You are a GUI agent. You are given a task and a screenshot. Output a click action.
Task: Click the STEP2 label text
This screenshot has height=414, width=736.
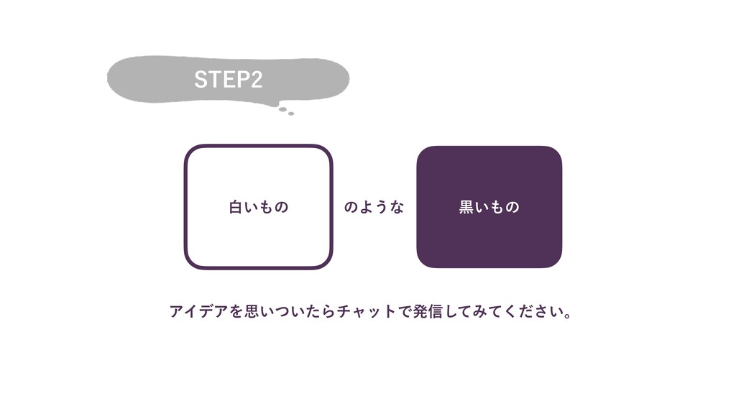click(x=229, y=80)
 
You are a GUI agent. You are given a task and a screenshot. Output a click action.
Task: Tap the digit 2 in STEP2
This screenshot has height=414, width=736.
click(x=256, y=80)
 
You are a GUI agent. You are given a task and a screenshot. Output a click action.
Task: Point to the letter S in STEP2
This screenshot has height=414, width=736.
click(x=201, y=80)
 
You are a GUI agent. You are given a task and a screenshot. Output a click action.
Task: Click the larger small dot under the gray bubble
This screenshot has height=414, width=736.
click(x=283, y=110)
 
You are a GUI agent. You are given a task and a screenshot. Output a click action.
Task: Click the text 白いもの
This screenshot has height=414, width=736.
click(x=259, y=208)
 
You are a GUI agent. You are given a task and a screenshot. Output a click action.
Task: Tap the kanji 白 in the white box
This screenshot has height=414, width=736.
click(x=236, y=208)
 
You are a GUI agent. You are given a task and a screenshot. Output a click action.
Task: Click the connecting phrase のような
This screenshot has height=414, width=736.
click(x=374, y=208)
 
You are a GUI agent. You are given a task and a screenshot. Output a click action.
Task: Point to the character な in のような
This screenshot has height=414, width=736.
click(x=397, y=208)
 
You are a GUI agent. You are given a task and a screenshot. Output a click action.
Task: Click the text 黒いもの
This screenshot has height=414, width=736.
click(x=489, y=208)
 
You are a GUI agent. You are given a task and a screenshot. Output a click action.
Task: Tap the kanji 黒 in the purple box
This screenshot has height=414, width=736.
click(x=466, y=208)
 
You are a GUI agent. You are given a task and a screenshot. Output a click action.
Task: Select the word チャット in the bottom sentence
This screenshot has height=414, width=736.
click(x=363, y=312)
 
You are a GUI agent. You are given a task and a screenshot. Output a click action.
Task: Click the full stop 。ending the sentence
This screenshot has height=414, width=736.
click(x=569, y=316)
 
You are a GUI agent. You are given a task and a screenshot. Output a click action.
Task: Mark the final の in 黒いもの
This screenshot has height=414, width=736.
click(x=512, y=208)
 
